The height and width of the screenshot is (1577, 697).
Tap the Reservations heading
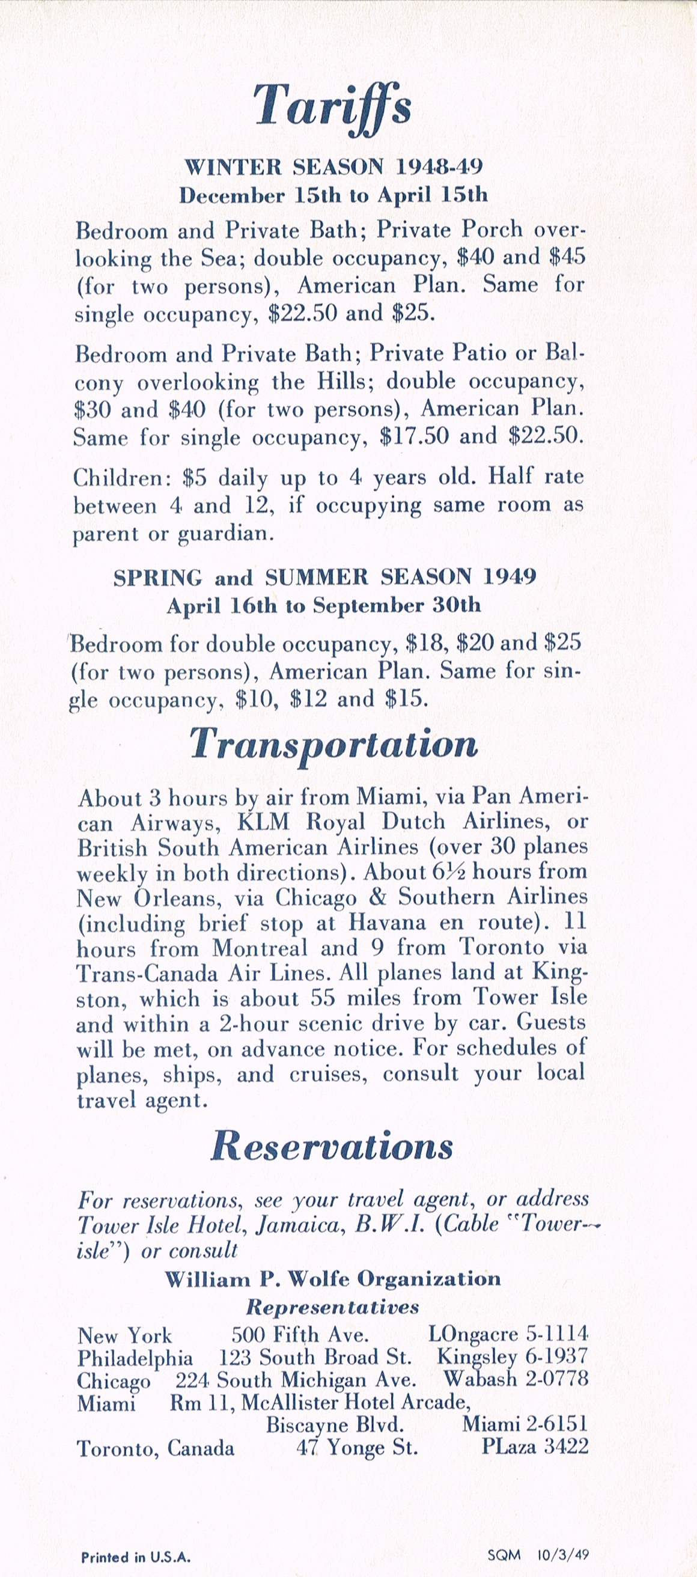332,1146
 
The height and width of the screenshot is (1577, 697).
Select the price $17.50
413,436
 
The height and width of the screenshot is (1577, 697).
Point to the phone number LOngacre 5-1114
507,1334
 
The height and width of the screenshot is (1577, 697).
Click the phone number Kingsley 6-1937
511,1356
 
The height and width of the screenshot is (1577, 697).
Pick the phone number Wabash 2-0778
516,1379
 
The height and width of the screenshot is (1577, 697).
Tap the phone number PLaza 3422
534,1446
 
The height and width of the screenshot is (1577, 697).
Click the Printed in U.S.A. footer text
136,1557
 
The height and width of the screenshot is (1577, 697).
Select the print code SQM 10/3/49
538,1554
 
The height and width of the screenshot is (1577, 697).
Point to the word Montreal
260,948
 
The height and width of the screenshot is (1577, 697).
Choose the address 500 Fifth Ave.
299,1334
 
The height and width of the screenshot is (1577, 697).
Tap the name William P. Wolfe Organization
333,1279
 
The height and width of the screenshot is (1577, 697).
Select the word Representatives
332,1307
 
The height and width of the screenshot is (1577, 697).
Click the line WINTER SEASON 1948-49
333,166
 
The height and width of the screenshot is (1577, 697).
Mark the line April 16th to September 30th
324,605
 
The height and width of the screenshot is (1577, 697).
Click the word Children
120,478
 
